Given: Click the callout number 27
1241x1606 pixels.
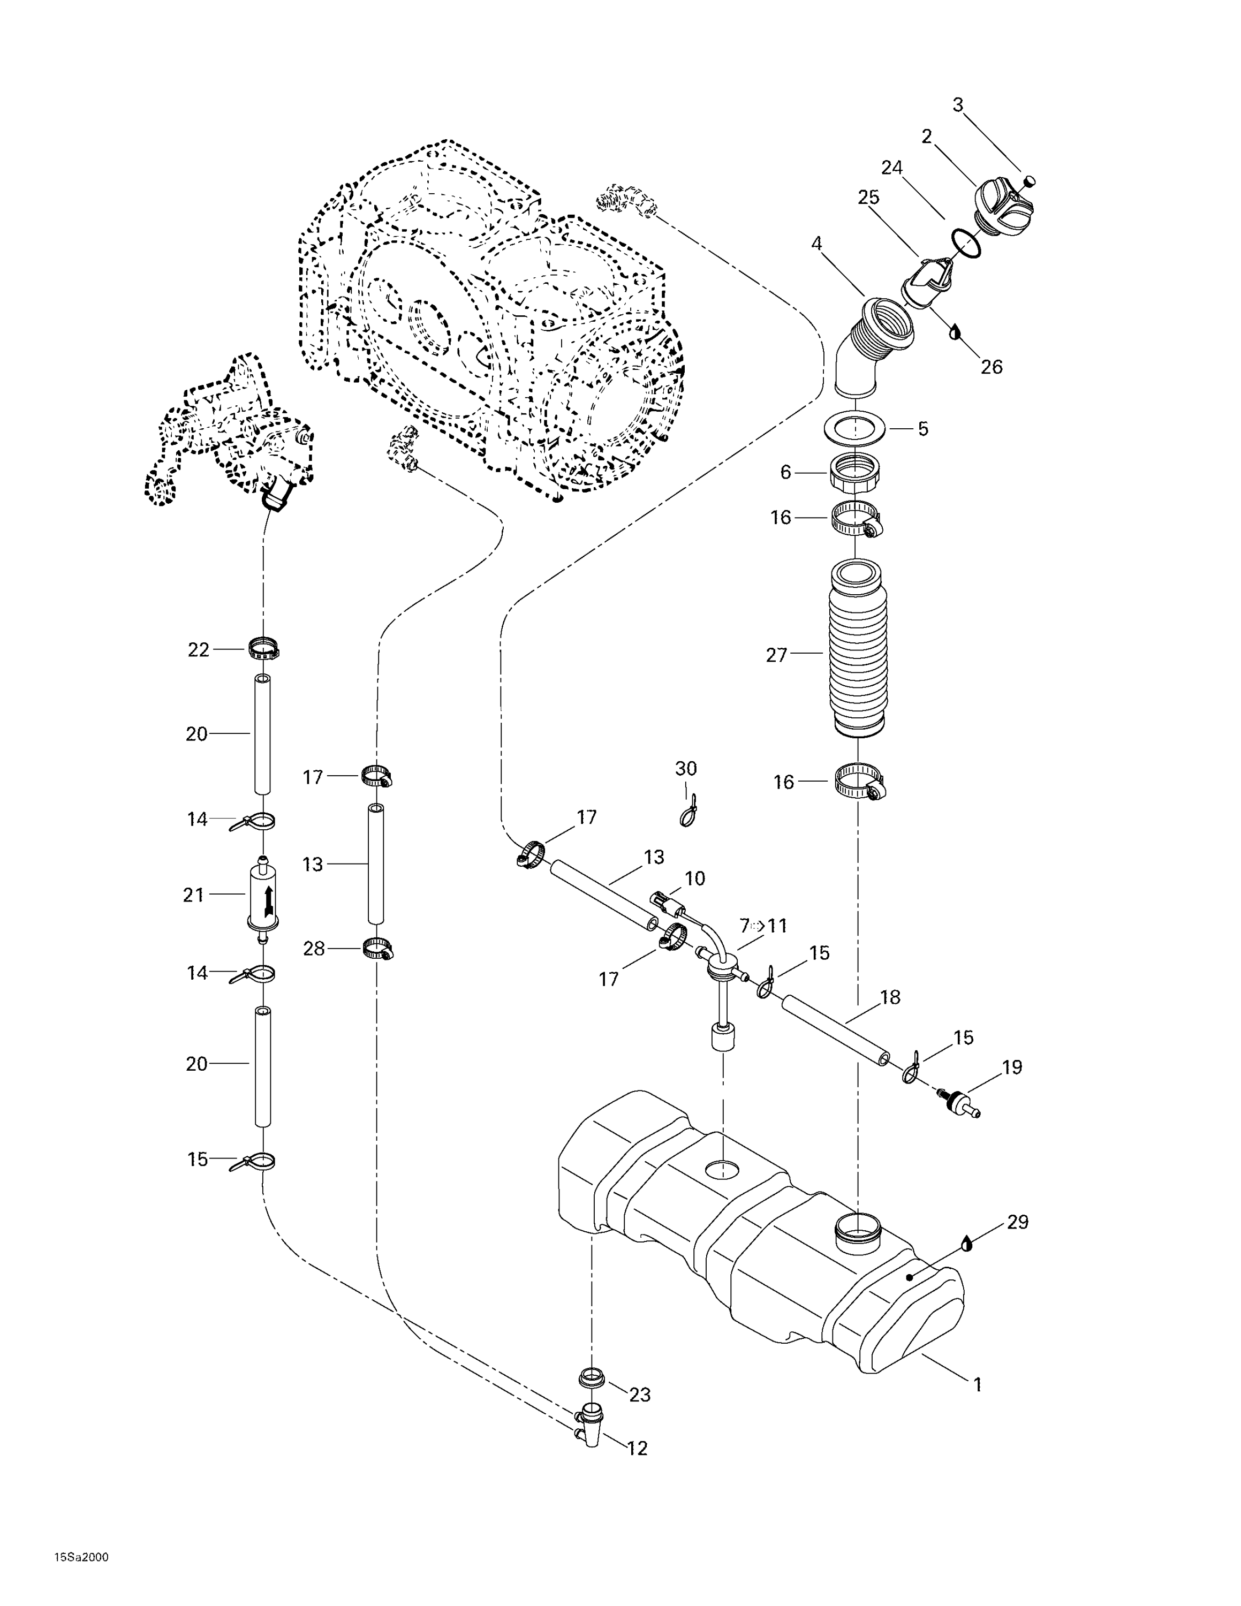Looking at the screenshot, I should [x=776, y=655].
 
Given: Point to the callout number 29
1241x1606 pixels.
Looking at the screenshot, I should [x=1018, y=1222].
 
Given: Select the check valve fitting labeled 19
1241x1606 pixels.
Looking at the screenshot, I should [x=958, y=1102].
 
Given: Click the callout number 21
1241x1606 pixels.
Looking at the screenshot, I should [x=193, y=895].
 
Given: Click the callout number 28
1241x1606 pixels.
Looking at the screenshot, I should [x=314, y=949].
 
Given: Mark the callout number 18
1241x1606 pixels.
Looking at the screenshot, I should [x=890, y=998].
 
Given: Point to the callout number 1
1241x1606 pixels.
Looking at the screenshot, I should [x=978, y=1385].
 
